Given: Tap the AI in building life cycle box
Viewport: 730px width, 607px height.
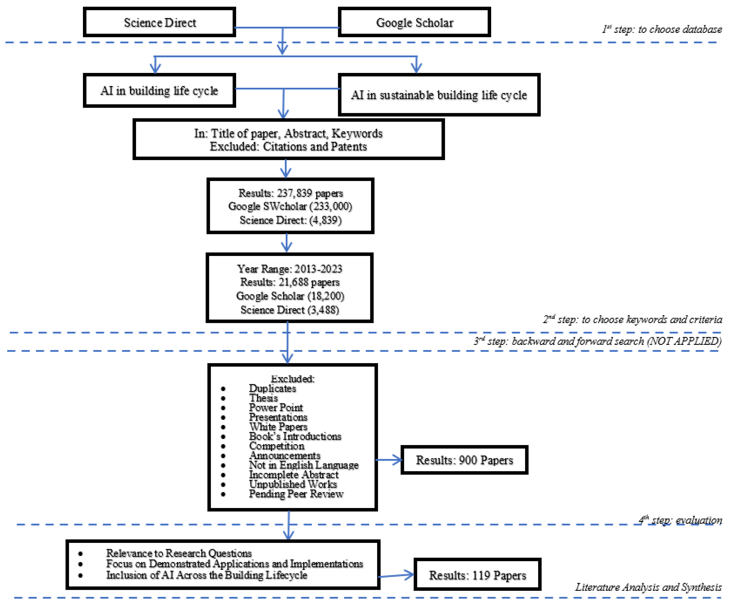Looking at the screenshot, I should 159,91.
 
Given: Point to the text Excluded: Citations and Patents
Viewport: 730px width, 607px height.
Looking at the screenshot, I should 288,146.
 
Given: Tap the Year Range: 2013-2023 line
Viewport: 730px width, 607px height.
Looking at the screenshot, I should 290,269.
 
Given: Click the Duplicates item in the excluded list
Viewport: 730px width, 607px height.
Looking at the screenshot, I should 272,388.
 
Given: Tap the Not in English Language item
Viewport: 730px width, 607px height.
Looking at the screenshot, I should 304,465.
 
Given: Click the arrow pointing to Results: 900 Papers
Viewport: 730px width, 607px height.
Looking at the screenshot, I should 389,460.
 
